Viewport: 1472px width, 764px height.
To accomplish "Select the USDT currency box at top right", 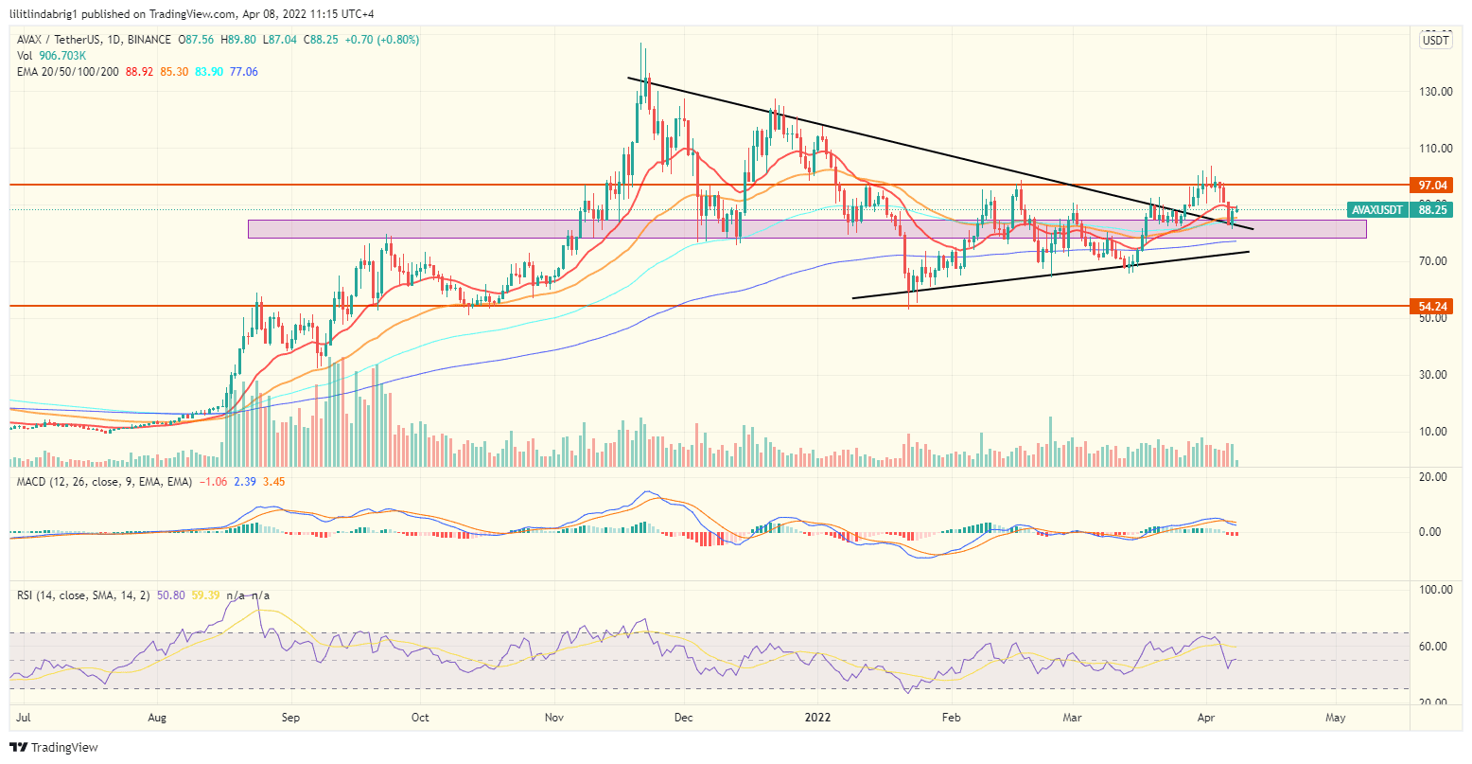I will [x=1435, y=40].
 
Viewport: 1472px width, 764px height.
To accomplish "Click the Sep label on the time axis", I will [x=290, y=718].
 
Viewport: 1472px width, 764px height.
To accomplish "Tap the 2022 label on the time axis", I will [x=818, y=718].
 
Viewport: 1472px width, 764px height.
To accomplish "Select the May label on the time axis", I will [x=1336, y=718].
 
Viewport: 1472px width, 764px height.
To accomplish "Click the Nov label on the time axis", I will [x=554, y=718].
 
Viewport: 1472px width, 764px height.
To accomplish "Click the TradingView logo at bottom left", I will [x=55, y=748].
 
